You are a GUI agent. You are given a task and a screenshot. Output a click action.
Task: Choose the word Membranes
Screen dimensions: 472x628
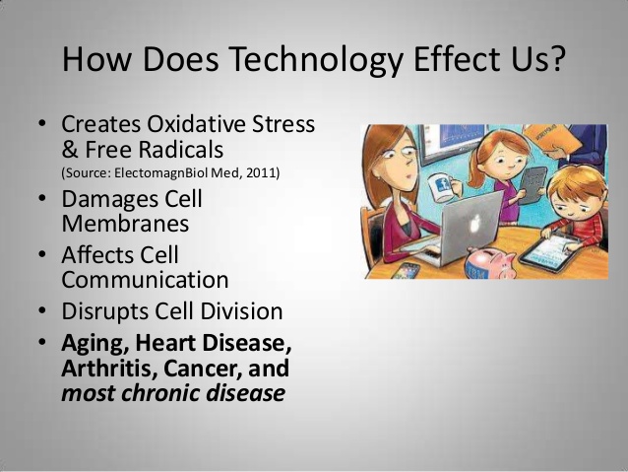pos(125,223)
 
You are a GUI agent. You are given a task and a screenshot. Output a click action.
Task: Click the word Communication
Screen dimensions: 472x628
pos(145,279)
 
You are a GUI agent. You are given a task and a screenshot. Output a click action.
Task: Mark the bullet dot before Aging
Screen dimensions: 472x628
pos(43,344)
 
